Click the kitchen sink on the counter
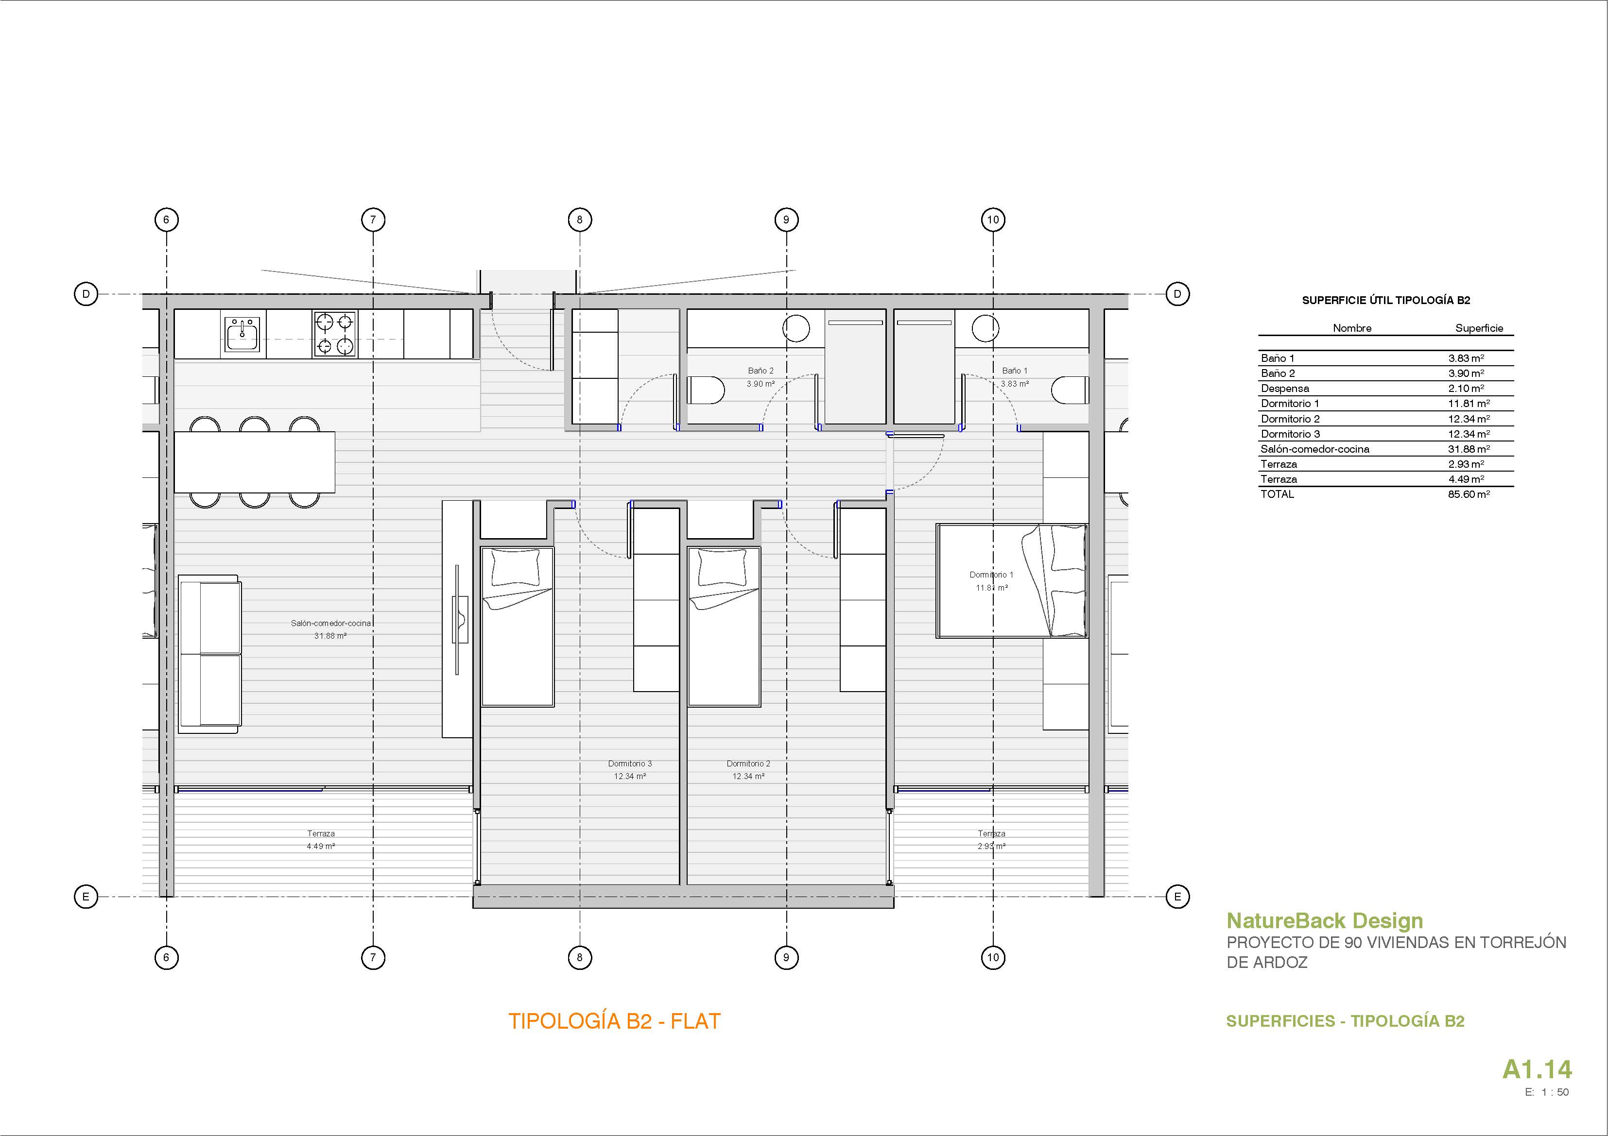242,335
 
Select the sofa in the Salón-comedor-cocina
209,654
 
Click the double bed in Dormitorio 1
1012,580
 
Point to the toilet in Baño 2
705,390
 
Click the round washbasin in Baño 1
986,327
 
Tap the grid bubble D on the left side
86,294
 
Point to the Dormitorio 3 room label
630,763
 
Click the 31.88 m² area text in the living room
330,636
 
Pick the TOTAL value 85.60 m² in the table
1469,494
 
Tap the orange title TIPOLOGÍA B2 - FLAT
614,1021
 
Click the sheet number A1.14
1537,1069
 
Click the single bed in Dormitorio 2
724,627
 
